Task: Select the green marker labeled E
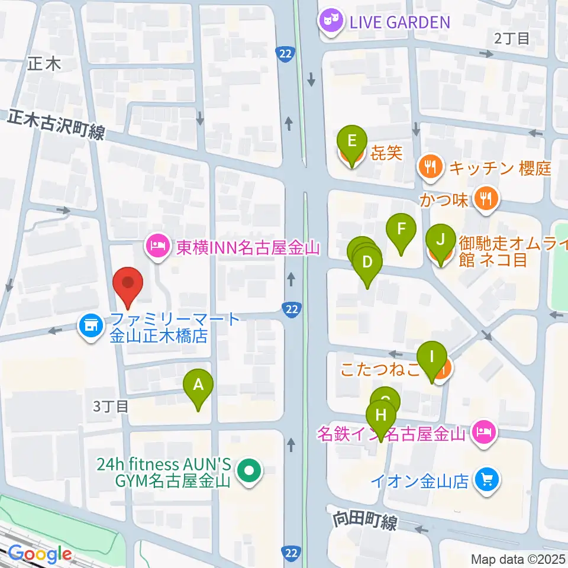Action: [x=351, y=141]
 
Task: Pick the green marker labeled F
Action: [x=401, y=228]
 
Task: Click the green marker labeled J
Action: [x=440, y=240]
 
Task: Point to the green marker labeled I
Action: [x=432, y=357]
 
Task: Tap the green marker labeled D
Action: [x=367, y=262]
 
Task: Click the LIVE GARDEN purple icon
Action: [x=330, y=22]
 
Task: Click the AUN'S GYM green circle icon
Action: [x=248, y=471]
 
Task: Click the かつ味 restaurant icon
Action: [x=486, y=199]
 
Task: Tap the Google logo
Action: [x=40, y=554]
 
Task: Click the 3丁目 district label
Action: [x=111, y=406]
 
